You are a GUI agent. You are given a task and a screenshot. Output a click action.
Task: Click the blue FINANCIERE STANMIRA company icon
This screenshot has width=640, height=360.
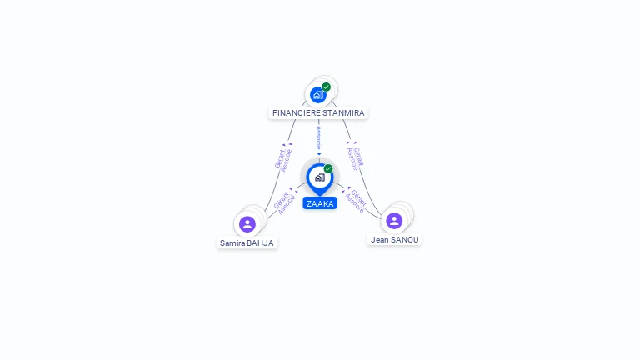318,95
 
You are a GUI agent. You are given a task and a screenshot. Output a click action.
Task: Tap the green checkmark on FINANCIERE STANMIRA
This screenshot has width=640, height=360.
326,87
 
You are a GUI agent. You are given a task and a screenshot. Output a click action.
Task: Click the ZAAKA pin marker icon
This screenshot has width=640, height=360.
320,179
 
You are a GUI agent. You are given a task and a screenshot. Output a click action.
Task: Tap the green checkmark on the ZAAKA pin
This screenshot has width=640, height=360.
328,168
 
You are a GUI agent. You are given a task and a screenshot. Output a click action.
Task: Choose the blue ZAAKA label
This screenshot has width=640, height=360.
320,203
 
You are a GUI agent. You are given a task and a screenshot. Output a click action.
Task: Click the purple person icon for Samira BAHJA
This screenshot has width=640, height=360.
247,224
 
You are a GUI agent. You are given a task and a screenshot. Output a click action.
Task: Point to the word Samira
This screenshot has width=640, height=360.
232,243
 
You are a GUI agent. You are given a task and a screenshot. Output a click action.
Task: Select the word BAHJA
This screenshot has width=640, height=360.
260,243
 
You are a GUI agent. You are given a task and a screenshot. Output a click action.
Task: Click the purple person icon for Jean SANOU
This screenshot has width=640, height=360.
394,221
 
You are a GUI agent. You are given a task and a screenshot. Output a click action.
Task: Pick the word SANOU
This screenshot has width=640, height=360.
405,240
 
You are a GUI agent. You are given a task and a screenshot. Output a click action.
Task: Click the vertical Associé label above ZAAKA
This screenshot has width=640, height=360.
319,138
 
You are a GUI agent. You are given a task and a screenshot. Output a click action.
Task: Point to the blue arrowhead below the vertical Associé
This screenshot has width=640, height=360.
319,154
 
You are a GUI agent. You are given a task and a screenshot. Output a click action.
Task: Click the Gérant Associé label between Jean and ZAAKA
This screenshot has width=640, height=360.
356,201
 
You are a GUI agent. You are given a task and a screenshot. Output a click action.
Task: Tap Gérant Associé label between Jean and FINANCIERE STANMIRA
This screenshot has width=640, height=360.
355,158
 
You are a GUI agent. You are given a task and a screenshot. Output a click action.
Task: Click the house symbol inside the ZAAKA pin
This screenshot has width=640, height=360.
320,177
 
